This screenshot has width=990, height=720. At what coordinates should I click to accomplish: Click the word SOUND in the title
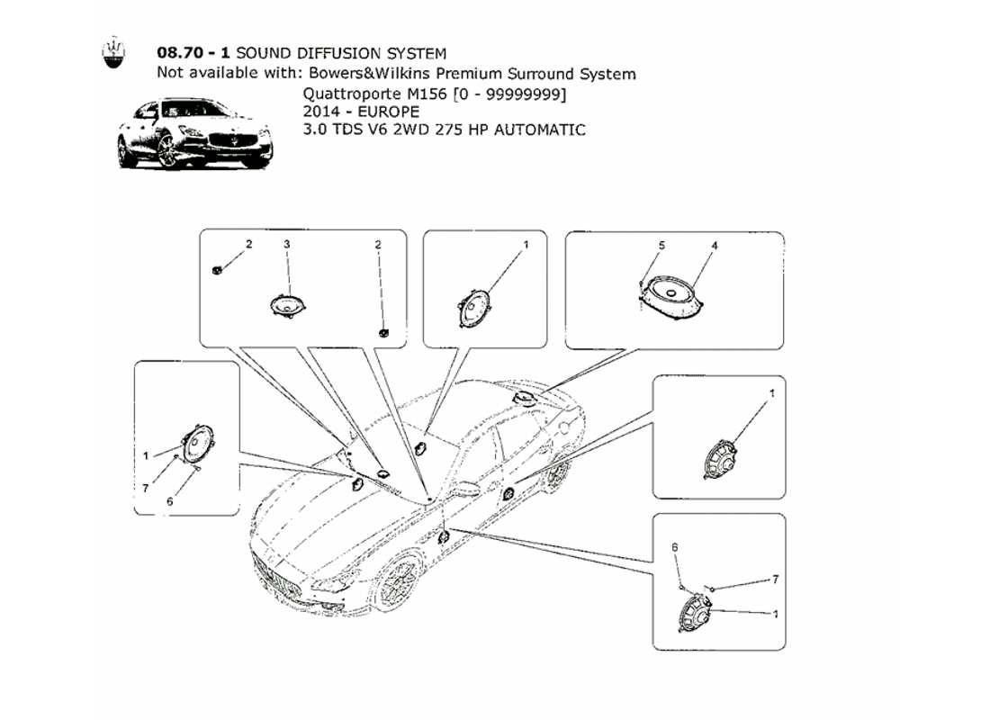point(264,55)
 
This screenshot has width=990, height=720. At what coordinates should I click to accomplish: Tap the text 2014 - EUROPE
point(360,112)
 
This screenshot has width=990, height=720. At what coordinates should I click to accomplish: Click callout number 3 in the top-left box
point(286,244)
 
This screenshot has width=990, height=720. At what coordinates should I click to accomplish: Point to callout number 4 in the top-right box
point(713,245)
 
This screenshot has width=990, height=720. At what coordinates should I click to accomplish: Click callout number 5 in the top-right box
point(661,245)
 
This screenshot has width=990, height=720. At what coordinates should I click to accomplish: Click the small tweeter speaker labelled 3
point(286,306)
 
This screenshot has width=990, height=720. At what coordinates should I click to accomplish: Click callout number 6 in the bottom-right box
point(675,546)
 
